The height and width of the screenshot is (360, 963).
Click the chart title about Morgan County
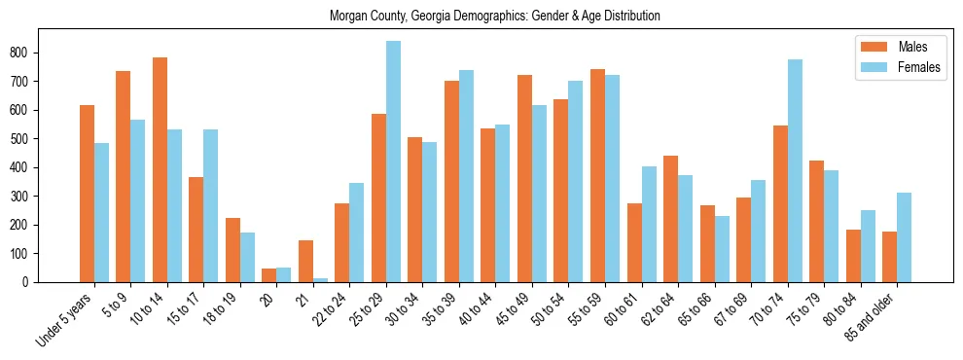click(494, 17)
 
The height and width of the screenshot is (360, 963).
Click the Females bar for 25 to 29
click(393, 162)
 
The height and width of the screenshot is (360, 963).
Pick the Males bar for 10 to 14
click(160, 170)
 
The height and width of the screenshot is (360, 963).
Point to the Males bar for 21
click(305, 261)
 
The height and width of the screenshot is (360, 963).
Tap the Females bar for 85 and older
click(904, 237)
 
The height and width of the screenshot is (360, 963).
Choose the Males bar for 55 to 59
click(597, 176)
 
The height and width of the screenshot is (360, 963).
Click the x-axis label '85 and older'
click(871, 317)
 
